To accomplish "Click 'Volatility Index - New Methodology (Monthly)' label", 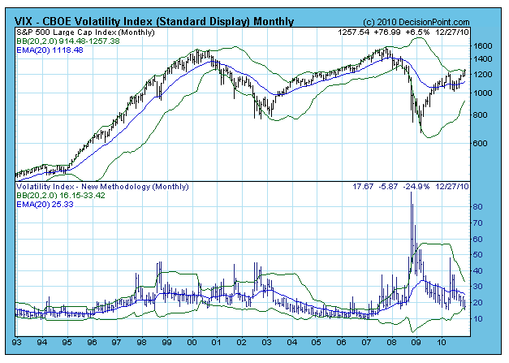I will tap(88, 187).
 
